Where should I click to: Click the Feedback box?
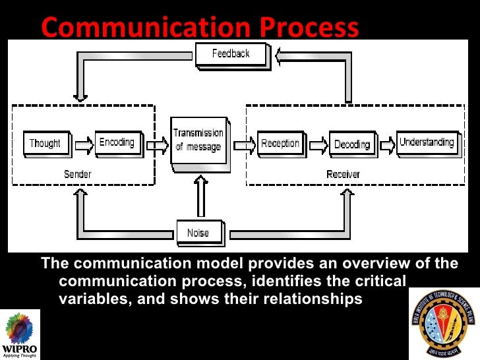click(231, 53)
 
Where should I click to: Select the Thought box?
click(45, 143)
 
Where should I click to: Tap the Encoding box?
click(117, 142)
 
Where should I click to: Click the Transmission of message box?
click(198, 140)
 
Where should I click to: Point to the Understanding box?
click(426, 142)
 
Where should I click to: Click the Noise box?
click(198, 233)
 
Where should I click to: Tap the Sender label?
click(78, 174)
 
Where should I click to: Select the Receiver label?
click(343, 174)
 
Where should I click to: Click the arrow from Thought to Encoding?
click(83, 144)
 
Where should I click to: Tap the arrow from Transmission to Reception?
click(243, 144)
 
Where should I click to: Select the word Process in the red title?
click(308, 28)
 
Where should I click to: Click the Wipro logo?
click(19, 333)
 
